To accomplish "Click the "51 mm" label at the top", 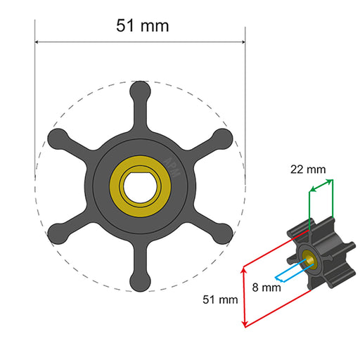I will click(142, 26).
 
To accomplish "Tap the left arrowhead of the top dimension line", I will click(38, 41).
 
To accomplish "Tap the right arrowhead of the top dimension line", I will click(242, 41).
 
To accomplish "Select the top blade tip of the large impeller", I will click(140, 91).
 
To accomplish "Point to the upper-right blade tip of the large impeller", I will click(222, 139).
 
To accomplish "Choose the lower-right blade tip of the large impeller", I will click(222, 234).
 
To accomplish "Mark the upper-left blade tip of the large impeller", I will click(57, 139).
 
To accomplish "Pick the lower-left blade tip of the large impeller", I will click(57, 234).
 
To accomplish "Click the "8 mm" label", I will click(266, 287).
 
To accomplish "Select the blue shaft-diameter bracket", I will click(288, 271).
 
